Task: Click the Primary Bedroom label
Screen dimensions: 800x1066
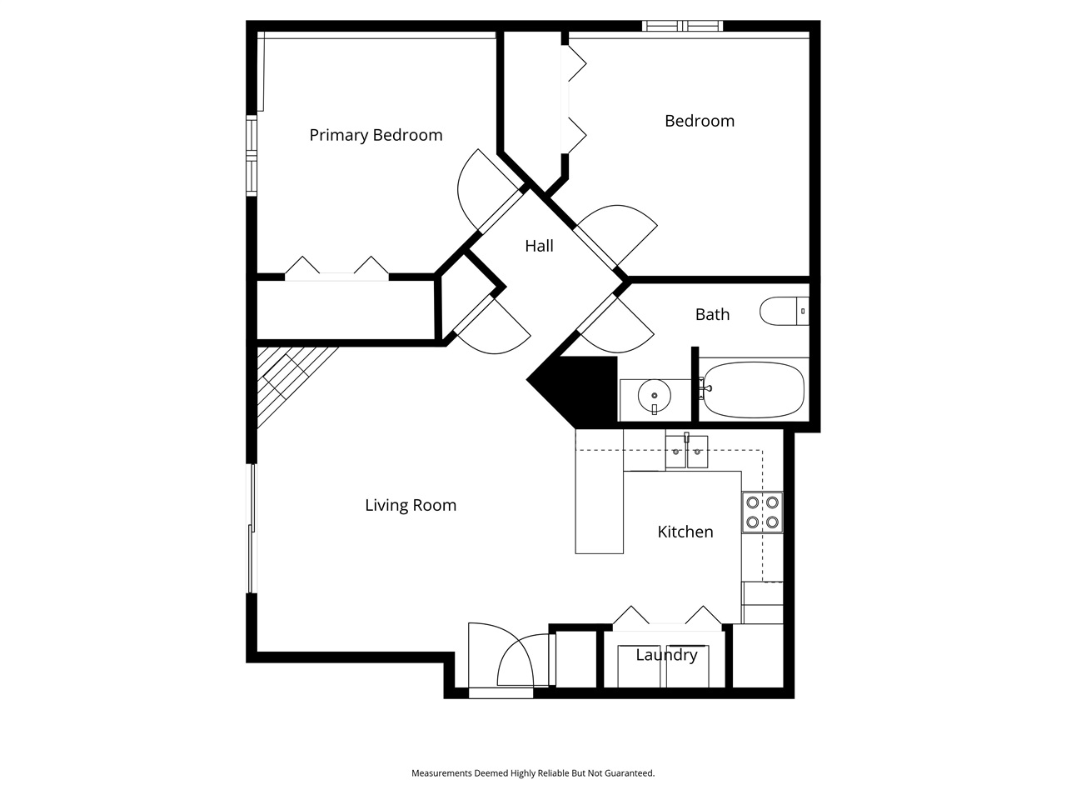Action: [x=376, y=135]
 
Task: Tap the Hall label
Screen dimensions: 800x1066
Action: [x=539, y=246]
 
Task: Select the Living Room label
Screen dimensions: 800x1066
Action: [x=411, y=505]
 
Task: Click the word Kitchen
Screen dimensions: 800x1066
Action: [x=685, y=532]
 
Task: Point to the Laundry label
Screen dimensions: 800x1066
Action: [x=666, y=655]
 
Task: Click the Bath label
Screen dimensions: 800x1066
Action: [x=712, y=314]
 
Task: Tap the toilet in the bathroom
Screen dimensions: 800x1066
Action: [x=783, y=312]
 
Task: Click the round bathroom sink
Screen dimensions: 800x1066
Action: [x=655, y=396]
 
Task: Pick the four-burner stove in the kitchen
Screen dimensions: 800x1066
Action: [x=762, y=512]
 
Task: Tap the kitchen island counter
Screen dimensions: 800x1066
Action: [x=599, y=492]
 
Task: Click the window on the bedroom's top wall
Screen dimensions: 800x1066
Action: [x=682, y=26]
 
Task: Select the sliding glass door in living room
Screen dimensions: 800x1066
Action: [x=252, y=528]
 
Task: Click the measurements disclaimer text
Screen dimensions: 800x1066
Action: [x=533, y=773]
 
